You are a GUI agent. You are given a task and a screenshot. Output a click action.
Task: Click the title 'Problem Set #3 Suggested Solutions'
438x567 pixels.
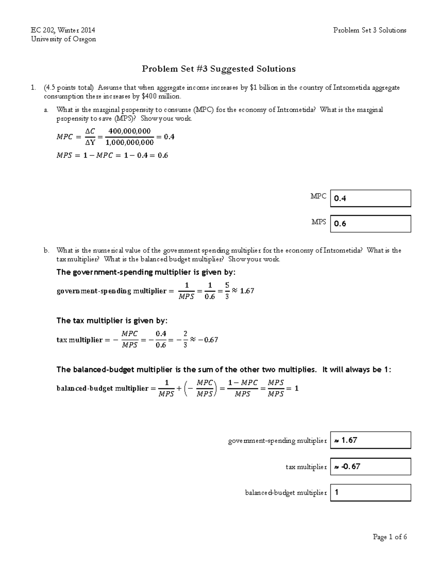click(219, 69)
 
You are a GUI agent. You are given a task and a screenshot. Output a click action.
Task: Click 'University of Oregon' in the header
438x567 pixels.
click(64, 39)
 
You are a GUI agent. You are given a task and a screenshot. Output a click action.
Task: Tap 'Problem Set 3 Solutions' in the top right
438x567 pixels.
click(369, 30)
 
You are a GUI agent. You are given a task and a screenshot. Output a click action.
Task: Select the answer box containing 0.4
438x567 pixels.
click(370, 198)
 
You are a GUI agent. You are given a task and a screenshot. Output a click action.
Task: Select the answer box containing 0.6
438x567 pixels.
click(370, 223)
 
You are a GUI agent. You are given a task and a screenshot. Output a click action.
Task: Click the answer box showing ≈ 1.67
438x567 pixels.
click(370, 440)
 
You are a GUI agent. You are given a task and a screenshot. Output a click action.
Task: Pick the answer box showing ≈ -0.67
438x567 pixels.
click(370, 466)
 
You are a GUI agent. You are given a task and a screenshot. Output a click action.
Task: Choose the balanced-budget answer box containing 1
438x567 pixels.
click(370, 493)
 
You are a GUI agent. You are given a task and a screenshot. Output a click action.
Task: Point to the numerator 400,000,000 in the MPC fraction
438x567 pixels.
click(130, 131)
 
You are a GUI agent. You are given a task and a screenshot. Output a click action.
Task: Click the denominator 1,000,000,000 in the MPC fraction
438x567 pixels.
click(130, 142)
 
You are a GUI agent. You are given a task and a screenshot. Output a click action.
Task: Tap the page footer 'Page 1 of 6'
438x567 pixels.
click(389, 537)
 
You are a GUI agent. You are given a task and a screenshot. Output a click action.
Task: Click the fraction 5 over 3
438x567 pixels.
click(227, 291)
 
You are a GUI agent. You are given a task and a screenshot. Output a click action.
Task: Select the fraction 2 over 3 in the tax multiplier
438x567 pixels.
click(185, 339)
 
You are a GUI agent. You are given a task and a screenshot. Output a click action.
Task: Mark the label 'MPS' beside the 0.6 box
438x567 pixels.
click(318, 222)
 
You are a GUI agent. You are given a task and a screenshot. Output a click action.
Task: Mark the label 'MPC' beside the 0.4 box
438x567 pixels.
click(318, 196)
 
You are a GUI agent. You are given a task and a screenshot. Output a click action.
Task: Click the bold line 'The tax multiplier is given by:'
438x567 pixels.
click(112, 321)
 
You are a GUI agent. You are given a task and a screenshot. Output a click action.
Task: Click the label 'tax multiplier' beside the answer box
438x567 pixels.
click(306, 467)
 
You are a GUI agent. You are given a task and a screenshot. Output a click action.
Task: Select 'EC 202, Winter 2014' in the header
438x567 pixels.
click(63, 30)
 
